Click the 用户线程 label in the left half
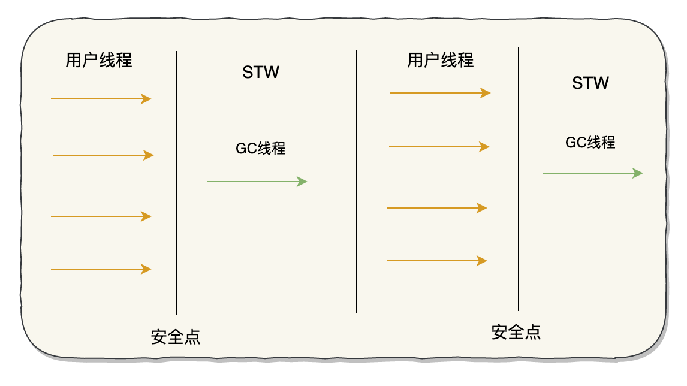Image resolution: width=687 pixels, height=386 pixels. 99,61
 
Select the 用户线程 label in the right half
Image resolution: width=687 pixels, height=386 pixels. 441,61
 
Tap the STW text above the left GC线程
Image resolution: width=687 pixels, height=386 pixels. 261,73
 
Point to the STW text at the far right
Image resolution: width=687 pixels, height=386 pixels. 590,83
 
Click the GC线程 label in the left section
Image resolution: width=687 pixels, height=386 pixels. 261,149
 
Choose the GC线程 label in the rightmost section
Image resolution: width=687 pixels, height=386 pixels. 590,143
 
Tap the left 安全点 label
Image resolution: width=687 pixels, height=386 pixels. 176,337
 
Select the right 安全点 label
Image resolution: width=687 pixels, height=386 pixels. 516,333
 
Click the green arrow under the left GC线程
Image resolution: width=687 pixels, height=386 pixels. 257,181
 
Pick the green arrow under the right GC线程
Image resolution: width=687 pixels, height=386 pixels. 592,173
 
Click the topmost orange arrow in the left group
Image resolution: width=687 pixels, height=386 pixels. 101,99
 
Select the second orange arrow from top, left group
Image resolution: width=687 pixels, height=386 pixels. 103,155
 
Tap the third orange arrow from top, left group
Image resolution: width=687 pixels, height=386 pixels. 101,216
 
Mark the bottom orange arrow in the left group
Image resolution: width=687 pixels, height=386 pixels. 101,270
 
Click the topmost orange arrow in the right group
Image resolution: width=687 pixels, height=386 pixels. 440,93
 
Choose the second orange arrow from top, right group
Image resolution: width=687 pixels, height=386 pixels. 439,147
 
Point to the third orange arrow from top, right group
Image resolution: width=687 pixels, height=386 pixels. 436,208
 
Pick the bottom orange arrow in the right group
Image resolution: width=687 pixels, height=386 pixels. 436,261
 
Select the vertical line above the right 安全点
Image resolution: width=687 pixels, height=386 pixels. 519,180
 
